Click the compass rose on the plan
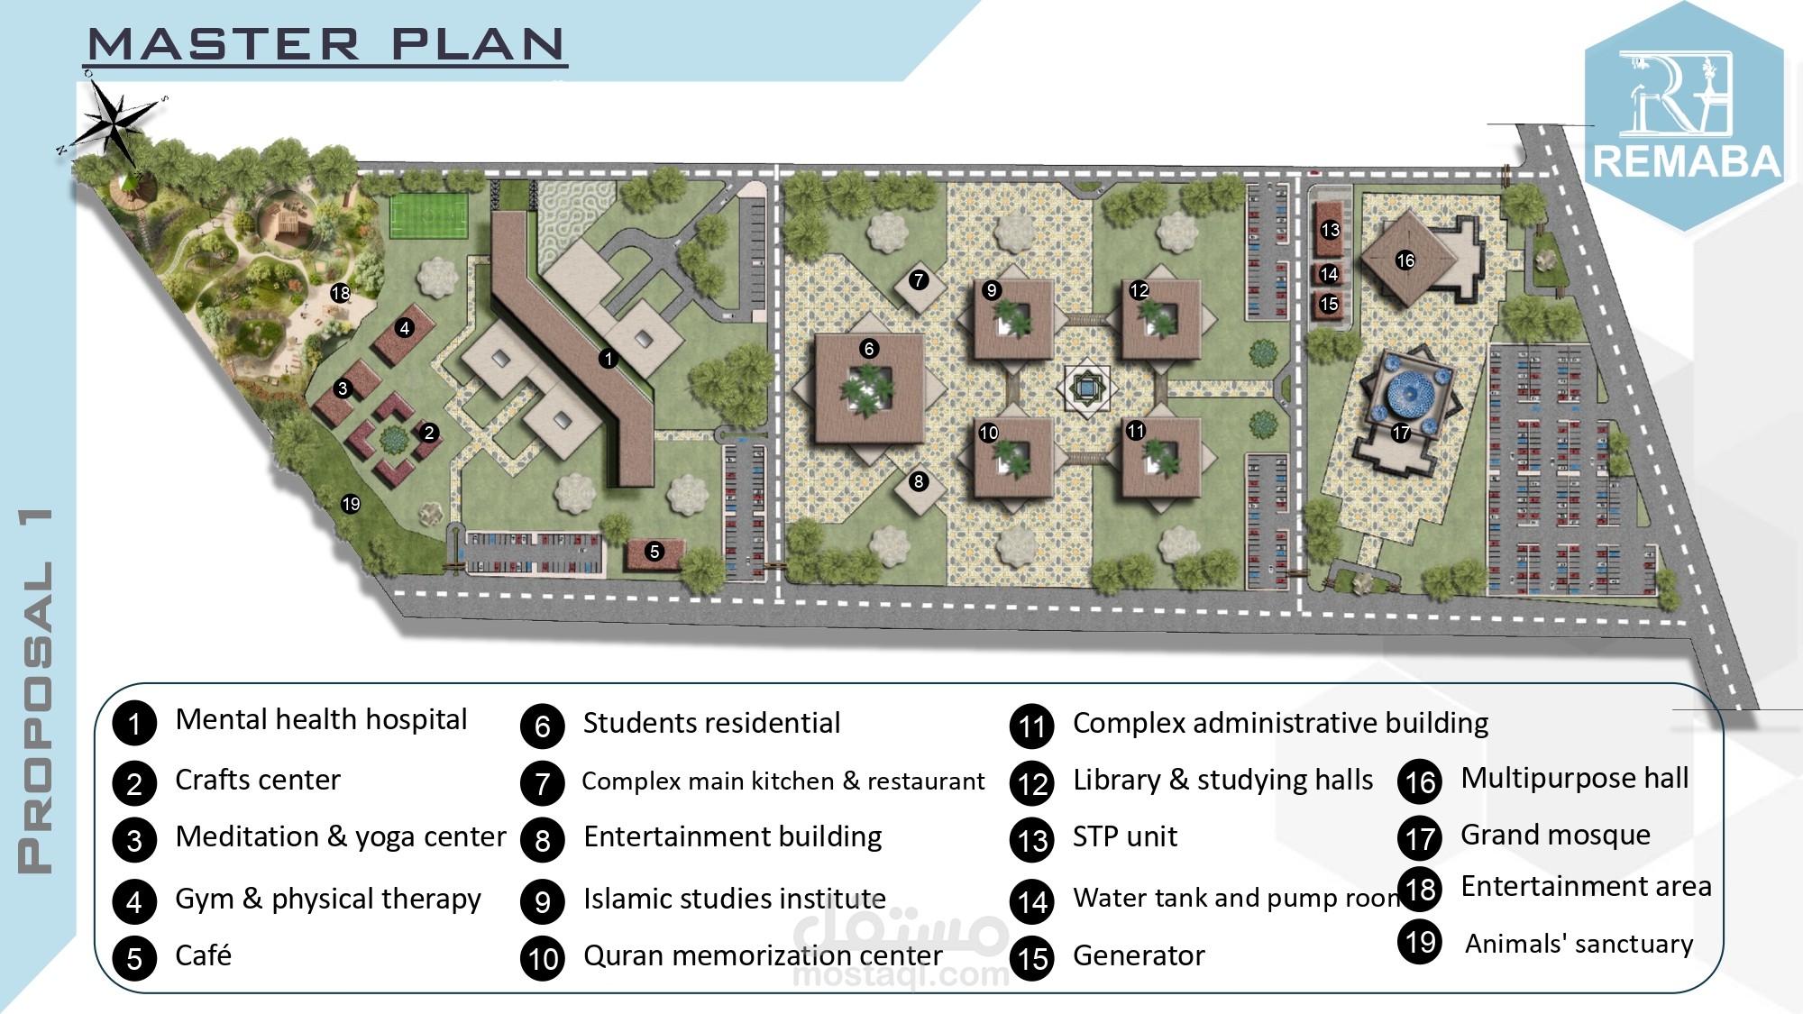pos(114,123)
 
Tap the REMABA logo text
pos(1687,162)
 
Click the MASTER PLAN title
pos(326,44)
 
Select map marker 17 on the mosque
pos(1401,433)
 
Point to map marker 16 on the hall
pos(1405,260)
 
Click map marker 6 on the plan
pos(869,349)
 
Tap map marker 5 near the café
pos(655,552)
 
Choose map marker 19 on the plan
pos(351,505)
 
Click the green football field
pos(428,215)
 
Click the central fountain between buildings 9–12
pos(1087,388)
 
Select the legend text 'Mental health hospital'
pos(321,719)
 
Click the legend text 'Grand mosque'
pos(1555,836)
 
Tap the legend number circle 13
pos(1032,840)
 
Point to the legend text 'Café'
pos(203,955)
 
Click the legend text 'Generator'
pos(1139,955)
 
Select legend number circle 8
pos(543,840)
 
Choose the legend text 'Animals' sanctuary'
pos(1579,944)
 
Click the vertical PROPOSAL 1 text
pos(35,691)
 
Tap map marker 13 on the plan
pos(1331,230)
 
